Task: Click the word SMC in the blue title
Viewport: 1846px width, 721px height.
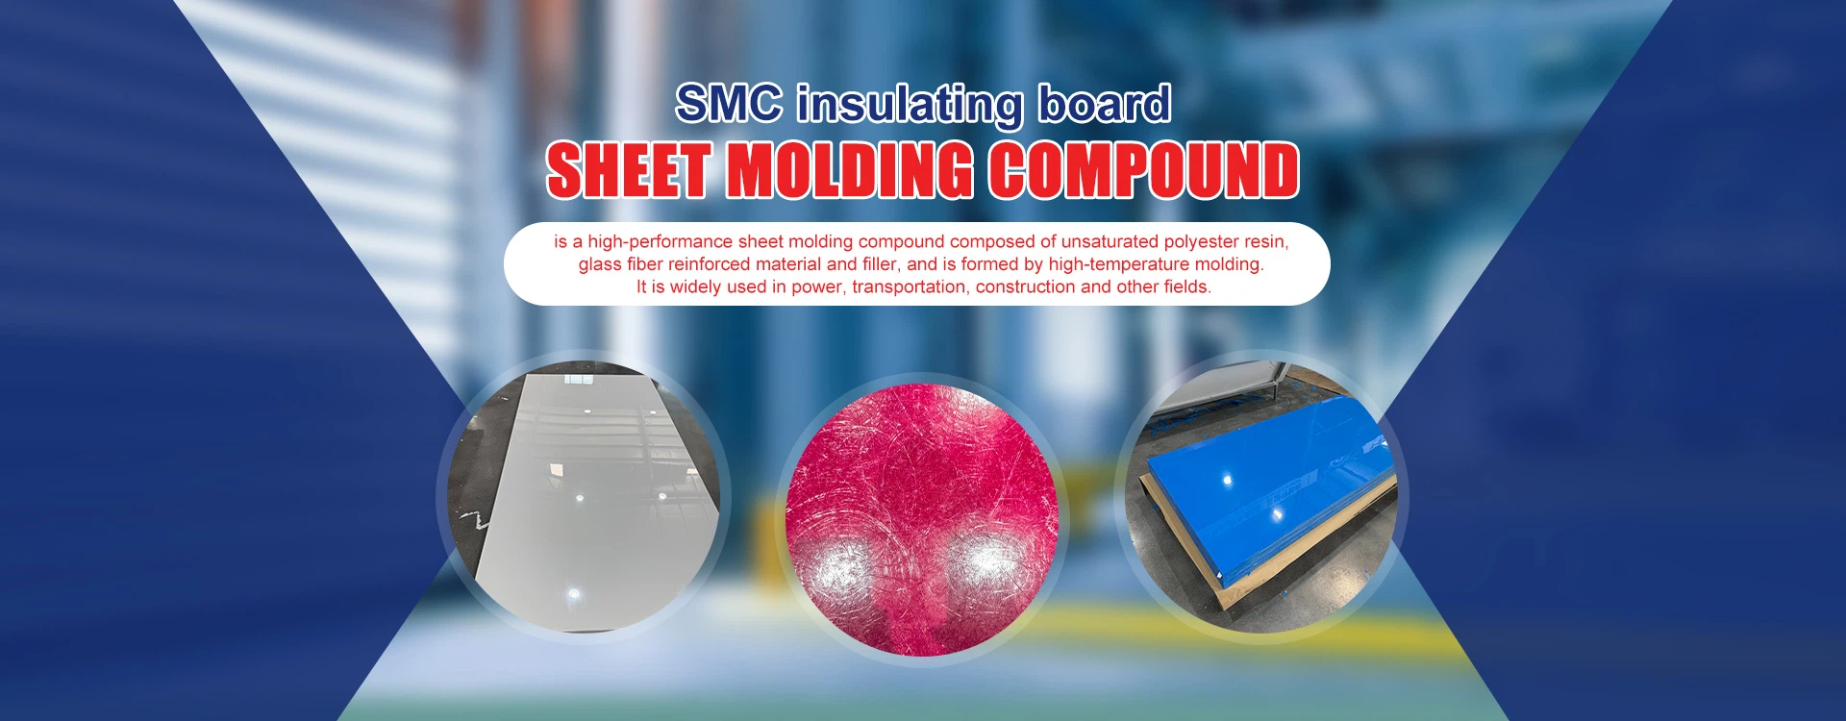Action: pyautogui.click(x=729, y=103)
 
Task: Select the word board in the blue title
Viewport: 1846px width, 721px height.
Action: pyautogui.click(x=1104, y=103)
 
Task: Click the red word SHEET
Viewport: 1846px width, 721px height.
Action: pyautogui.click(x=629, y=170)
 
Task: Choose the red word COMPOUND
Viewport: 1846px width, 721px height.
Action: pyautogui.click(x=1144, y=170)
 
